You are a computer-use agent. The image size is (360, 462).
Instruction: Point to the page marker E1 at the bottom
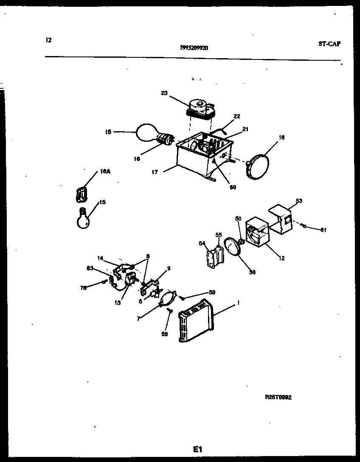click(198, 449)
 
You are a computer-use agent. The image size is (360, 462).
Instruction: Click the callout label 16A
click(104, 172)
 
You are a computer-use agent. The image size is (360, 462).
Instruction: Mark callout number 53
click(299, 201)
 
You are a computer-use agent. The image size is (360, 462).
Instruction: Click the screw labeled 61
click(304, 226)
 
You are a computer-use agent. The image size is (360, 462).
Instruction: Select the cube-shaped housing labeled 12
click(256, 232)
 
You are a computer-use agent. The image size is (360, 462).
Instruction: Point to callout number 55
click(219, 234)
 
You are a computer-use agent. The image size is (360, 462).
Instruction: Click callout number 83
click(90, 268)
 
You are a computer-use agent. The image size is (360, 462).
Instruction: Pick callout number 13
click(118, 302)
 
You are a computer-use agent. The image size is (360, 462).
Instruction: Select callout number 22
click(237, 116)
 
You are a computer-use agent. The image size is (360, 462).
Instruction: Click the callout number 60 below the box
click(233, 187)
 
